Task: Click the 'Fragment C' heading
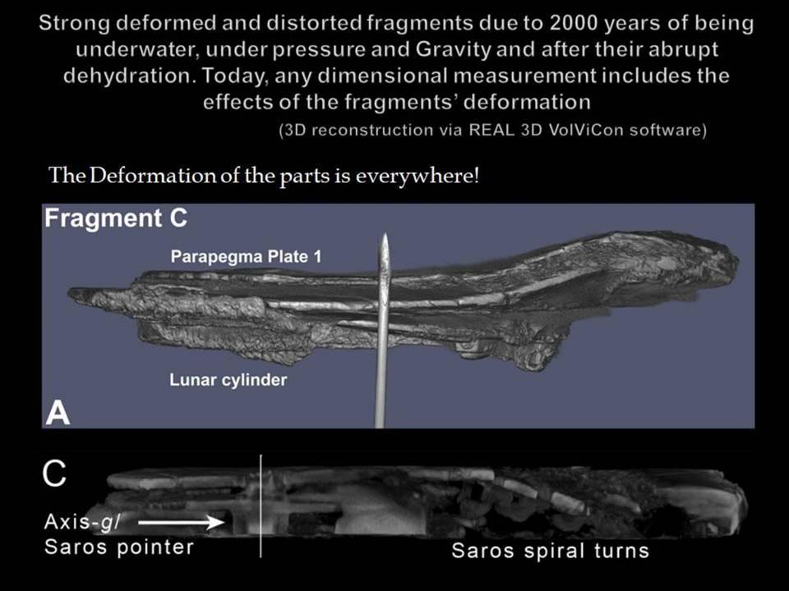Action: click(116, 218)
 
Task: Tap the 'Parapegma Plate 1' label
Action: click(246, 257)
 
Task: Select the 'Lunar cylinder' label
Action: click(228, 379)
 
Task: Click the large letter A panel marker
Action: click(58, 414)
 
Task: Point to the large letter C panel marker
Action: click(54, 473)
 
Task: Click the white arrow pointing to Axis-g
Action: click(181, 523)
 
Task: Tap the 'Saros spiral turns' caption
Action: click(550, 551)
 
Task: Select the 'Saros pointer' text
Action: click(118, 547)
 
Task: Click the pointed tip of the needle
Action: click(385, 234)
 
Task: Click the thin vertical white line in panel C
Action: click(261, 506)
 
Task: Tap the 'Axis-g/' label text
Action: click(82, 522)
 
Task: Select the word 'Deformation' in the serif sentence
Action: click(154, 176)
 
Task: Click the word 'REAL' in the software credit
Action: click(491, 131)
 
